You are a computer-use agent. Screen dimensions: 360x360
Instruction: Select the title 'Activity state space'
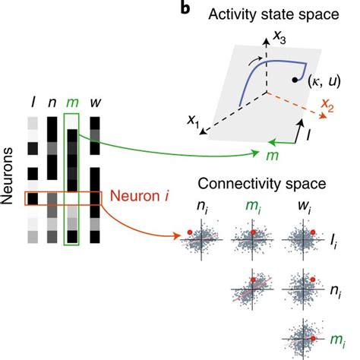point(258,14)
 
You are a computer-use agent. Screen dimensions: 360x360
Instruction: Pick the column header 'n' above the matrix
point(52,103)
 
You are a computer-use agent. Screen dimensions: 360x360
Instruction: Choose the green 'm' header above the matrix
point(71,103)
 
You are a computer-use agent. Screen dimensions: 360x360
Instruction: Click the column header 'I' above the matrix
point(32,102)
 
